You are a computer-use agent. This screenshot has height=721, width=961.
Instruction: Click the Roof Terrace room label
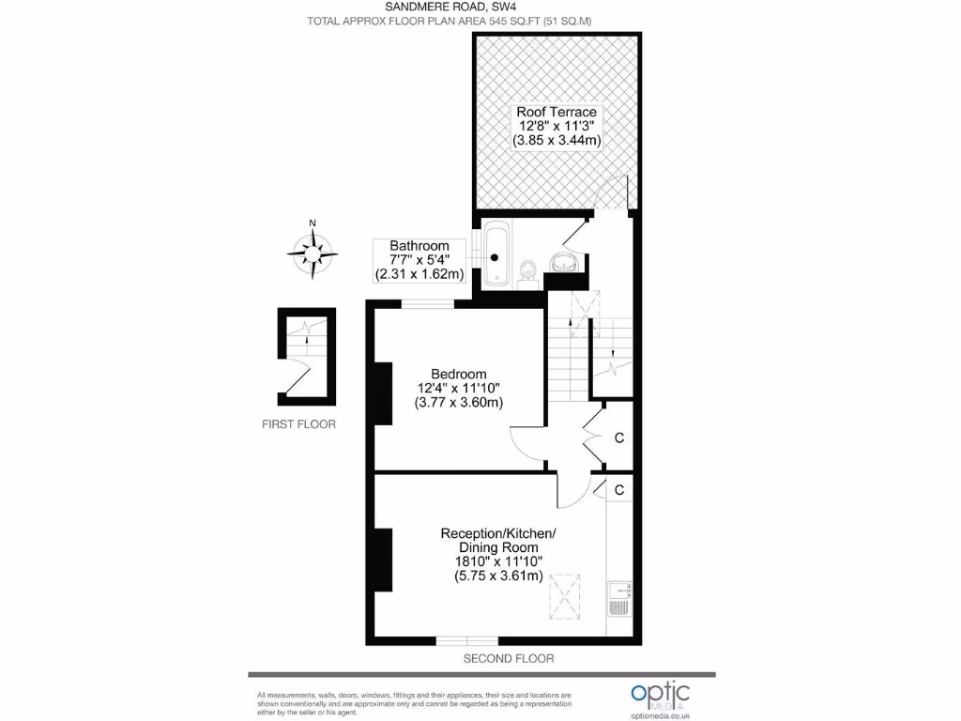(x=557, y=112)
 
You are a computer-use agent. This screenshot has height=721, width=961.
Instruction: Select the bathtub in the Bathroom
(x=495, y=252)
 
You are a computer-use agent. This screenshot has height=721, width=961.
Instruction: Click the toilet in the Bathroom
(x=529, y=270)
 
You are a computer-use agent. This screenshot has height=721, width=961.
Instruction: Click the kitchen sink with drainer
(x=619, y=598)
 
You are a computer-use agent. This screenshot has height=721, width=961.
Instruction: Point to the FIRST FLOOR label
(x=298, y=424)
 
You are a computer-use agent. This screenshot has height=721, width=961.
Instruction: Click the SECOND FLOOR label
(x=509, y=659)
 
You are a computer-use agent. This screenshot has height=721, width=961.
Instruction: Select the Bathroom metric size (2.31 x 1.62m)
(x=419, y=275)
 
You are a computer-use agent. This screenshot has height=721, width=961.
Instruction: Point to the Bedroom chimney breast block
(x=383, y=392)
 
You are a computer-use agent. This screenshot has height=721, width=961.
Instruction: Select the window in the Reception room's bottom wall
(x=466, y=641)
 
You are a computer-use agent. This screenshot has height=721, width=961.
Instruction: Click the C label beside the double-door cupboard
(x=619, y=437)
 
